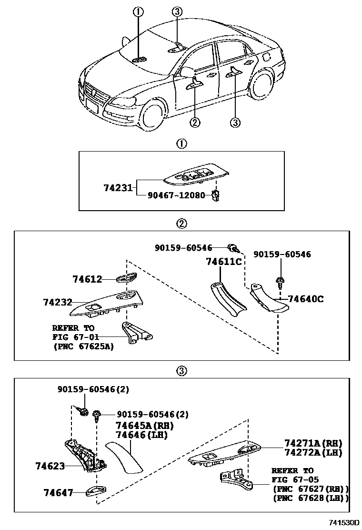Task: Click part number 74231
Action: [118, 188]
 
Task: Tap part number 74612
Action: [87, 279]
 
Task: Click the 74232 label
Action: [57, 302]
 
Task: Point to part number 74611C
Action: [223, 262]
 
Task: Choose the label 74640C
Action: [306, 299]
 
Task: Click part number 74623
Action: [50, 465]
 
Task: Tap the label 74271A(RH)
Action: [313, 443]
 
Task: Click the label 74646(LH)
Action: [141, 435]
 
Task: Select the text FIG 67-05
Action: [295, 480]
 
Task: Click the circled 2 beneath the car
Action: [194, 122]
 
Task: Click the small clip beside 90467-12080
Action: [215, 195]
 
